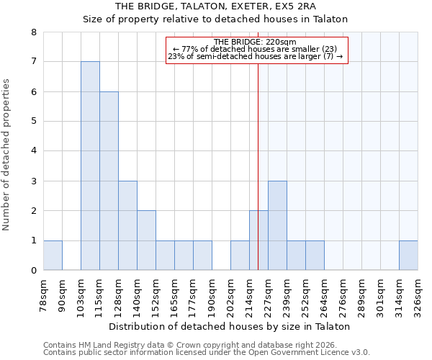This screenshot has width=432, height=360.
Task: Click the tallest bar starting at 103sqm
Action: pos(90,166)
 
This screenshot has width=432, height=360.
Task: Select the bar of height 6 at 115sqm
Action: pos(109,181)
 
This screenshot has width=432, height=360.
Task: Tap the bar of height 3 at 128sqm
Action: pos(127,225)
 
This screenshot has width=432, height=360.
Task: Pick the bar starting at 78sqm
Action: pos(53,256)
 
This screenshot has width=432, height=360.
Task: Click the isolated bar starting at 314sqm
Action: pos(408,256)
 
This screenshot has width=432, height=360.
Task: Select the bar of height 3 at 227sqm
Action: pos(277,225)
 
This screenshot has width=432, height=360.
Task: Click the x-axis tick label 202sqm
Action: pos(230,295)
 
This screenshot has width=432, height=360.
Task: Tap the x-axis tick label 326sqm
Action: pos(418,295)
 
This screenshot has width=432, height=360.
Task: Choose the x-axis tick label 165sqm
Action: pos(174,295)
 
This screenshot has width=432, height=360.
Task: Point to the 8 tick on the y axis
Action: pos(33,32)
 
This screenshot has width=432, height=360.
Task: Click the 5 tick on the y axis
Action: pos(33,122)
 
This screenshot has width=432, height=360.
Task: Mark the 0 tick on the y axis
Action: pos(33,271)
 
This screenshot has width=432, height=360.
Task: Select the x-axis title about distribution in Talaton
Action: pos(230,326)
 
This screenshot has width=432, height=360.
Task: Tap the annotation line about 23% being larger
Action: pos(256,56)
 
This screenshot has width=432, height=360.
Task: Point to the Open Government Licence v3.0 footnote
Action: pos(207,353)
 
